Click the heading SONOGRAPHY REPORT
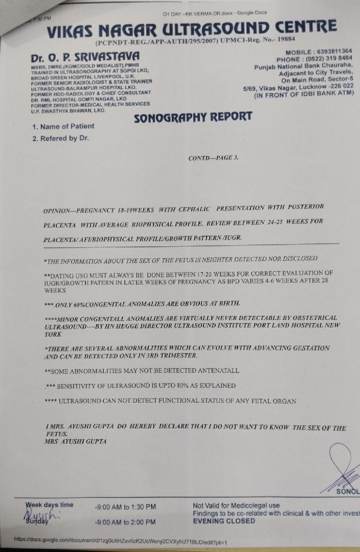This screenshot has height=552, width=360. (x=193, y=117)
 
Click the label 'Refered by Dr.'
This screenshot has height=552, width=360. (x=60, y=138)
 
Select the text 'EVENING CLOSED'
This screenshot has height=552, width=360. (x=223, y=521)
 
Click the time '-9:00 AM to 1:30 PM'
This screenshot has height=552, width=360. (x=125, y=507)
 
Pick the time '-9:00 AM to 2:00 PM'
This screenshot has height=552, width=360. (x=125, y=522)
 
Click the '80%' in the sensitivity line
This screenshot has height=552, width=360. (x=184, y=385)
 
